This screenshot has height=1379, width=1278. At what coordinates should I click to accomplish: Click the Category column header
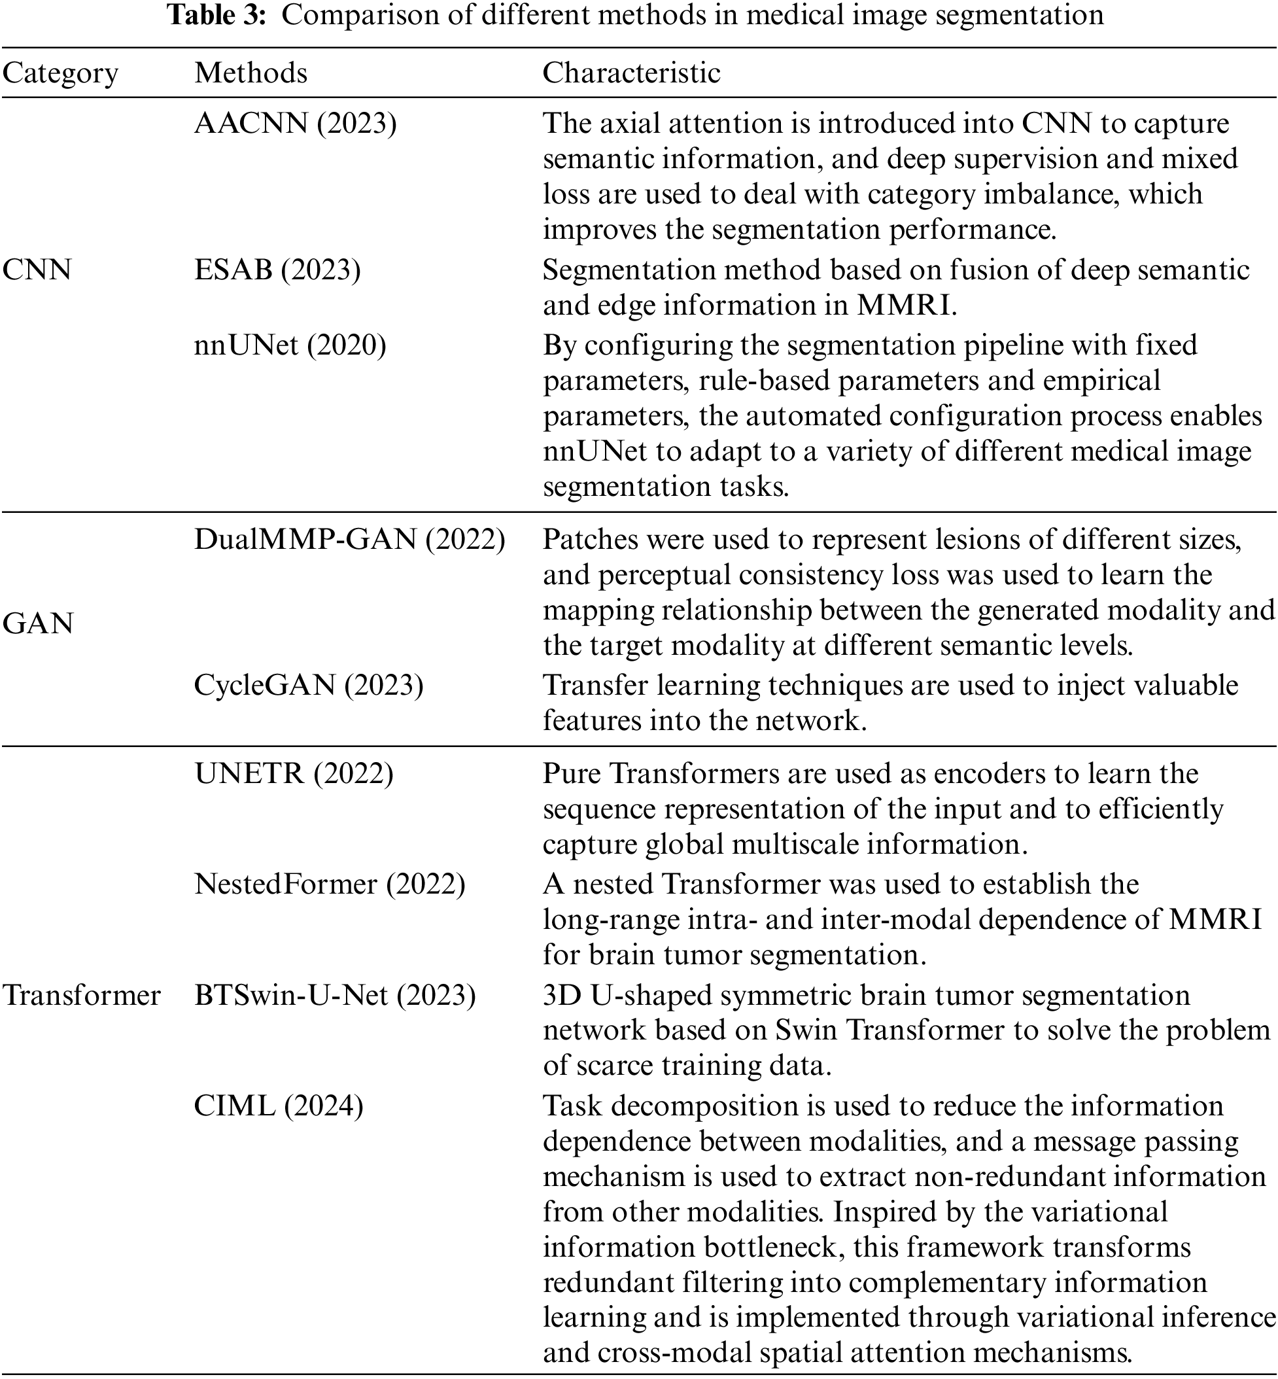60,73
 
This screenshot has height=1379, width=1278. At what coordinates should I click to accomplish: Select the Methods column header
250,73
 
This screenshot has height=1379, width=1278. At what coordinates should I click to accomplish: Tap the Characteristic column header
630,73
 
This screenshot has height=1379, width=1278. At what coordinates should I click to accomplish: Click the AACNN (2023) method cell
295,123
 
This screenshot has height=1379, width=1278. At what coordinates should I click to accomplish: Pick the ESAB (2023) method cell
277,270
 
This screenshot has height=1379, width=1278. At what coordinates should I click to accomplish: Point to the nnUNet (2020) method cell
290,344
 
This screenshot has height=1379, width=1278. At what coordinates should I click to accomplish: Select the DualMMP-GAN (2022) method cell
349,540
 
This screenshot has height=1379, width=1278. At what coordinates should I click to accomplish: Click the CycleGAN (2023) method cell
309,685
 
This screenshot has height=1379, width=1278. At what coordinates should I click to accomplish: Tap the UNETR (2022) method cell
294,773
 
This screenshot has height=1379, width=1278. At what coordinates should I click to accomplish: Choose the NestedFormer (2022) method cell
330,884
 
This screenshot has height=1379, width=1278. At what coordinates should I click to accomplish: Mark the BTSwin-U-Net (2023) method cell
335,995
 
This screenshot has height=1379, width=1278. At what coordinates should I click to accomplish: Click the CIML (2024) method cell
278,1106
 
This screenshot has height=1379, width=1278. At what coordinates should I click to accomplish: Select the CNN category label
37,270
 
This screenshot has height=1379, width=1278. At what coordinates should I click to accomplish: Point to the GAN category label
38,624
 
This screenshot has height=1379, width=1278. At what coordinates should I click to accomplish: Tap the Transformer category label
82,995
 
